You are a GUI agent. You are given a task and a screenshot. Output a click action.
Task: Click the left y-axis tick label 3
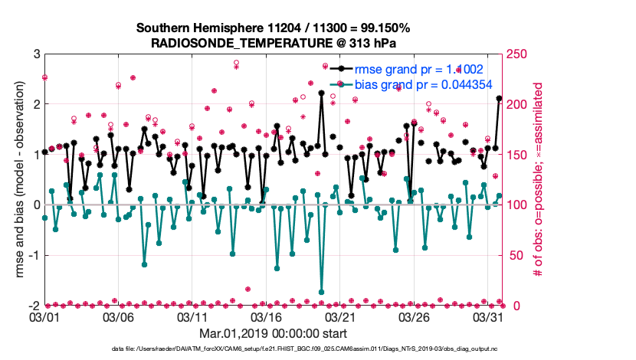[35, 54]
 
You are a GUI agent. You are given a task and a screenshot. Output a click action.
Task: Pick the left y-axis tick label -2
[32, 306]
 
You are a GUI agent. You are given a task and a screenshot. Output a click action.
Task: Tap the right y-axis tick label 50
[516, 255]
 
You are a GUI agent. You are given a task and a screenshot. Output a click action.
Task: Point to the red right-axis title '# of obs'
[538, 180]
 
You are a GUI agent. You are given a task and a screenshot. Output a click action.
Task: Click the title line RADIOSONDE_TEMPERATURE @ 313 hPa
[274, 43]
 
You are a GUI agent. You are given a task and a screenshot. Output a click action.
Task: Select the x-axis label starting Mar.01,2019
[273, 333]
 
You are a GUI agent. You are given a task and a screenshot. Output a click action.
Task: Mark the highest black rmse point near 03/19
[321, 93]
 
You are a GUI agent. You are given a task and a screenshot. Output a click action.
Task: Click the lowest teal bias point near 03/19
[321, 292]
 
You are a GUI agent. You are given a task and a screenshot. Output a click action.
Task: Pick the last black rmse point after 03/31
[499, 98]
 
